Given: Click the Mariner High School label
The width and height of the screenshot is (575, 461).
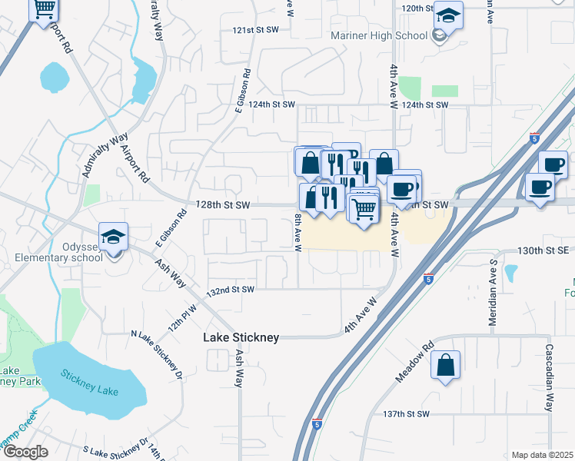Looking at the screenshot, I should pyautogui.click(x=379, y=36).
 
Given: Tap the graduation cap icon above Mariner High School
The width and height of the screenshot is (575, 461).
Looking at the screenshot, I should pyautogui.click(x=447, y=15).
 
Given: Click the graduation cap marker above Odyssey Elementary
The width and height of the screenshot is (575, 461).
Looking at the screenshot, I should pyautogui.click(x=113, y=237).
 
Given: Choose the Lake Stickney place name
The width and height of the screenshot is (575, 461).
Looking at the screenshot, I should pyautogui.click(x=241, y=337).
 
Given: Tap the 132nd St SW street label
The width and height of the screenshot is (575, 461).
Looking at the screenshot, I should pyautogui.click(x=231, y=290).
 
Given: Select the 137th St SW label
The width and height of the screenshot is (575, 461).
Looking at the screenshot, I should pyautogui.click(x=404, y=414).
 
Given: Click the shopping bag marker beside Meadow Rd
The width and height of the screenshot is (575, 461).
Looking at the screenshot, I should pyautogui.click(x=446, y=366).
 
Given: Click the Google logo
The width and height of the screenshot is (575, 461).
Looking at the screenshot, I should pyautogui.click(x=25, y=452).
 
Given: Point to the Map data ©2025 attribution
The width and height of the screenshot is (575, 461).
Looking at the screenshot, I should pyautogui.click(x=542, y=455).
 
